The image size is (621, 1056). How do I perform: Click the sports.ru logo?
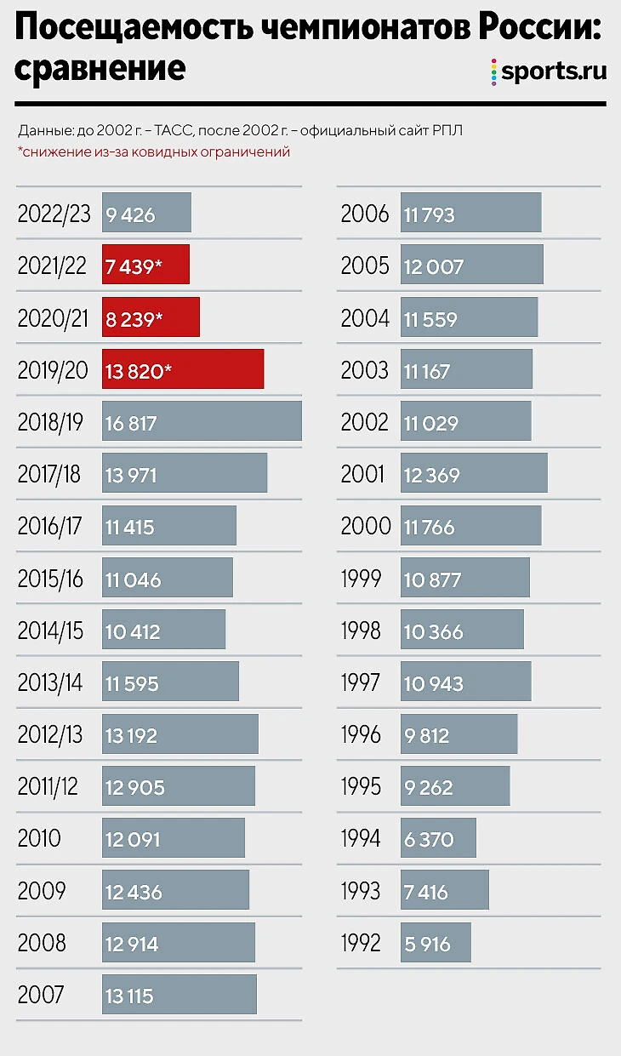(549, 71)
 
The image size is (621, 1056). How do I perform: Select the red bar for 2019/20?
(183, 369)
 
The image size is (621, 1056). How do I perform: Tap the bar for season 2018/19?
(202, 421)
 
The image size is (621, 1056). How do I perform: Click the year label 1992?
(361, 943)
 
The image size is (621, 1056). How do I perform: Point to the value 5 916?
(428, 944)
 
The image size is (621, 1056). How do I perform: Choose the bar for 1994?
(438, 839)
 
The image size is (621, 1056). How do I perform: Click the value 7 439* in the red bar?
(134, 265)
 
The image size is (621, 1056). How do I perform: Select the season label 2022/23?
(54, 214)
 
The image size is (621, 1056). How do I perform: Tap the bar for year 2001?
(474, 473)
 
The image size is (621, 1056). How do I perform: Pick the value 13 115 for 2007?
(129, 996)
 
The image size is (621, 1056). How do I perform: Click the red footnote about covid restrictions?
(154, 151)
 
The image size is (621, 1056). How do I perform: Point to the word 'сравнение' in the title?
(100, 68)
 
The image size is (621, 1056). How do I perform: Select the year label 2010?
(39, 839)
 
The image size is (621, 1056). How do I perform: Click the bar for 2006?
(471, 213)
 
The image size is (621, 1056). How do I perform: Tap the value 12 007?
(434, 266)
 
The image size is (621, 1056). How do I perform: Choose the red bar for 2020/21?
(151, 317)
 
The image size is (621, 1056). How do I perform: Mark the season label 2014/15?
(50, 631)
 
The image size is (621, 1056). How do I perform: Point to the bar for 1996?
(459, 734)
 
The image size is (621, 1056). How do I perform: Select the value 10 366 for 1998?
(434, 631)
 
